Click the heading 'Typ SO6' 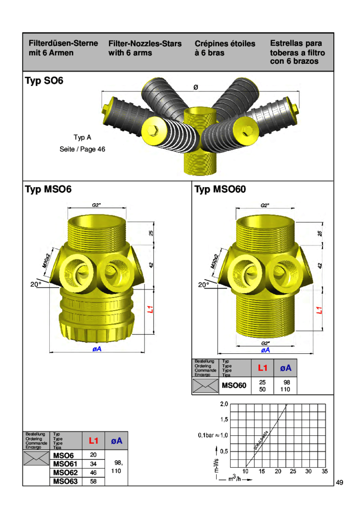[x=44, y=81]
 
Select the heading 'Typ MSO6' [x=48, y=190]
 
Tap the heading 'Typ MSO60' [x=220, y=190]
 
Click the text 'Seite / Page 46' [x=82, y=149]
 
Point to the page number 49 [x=340, y=482]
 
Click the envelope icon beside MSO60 [x=203, y=386]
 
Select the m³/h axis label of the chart [x=235, y=479]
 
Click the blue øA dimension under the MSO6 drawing [x=97, y=350]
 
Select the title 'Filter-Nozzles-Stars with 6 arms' [x=144, y=48]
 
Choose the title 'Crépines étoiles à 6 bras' [x=225, y=48]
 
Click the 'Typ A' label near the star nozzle [x=82, y=137]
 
